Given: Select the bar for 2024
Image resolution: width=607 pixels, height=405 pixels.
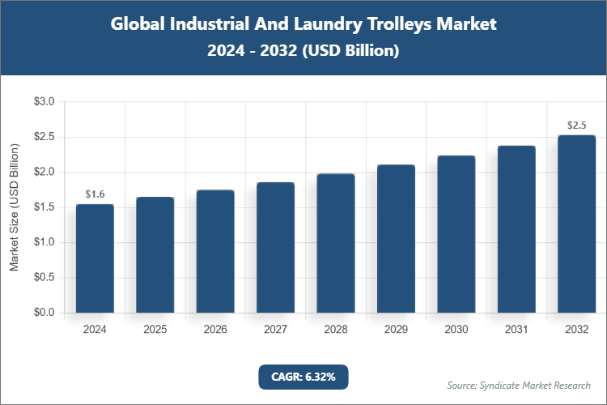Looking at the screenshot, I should pos(95,258).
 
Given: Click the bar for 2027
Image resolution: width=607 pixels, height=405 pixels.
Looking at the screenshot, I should pos(276,247).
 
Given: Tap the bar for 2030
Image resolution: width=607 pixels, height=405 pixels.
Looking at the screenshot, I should pos(456,234).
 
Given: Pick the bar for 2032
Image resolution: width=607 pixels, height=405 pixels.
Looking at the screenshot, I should pos(576,224).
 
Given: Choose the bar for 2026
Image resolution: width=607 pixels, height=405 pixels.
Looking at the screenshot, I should pos(215,251).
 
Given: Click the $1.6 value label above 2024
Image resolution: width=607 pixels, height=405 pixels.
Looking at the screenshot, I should pos(95,194).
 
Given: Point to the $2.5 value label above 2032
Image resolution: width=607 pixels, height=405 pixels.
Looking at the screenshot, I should pos(576,126).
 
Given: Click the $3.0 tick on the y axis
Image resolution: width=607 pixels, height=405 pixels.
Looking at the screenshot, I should pos(44,102).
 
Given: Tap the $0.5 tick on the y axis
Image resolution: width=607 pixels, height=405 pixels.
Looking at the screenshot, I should pos(44,278).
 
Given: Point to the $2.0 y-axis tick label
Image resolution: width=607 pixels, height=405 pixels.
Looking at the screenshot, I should pos(44,173).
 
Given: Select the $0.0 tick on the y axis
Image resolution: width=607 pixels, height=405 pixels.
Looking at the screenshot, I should pos(44,313).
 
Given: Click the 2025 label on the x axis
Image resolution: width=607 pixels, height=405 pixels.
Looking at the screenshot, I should pos(155,330).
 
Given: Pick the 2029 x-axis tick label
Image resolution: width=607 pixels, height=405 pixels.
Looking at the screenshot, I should pos(396,330).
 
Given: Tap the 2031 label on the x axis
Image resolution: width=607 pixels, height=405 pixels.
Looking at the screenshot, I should pos(516,330).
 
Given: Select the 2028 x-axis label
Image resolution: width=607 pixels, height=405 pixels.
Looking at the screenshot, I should pos(336,330).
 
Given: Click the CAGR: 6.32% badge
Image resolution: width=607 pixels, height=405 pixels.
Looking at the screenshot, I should pos(303,377).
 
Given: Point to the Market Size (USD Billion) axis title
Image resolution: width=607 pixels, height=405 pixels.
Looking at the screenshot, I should pos(14,207).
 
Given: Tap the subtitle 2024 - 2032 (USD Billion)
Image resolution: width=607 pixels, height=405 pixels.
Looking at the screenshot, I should pos(303,50).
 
